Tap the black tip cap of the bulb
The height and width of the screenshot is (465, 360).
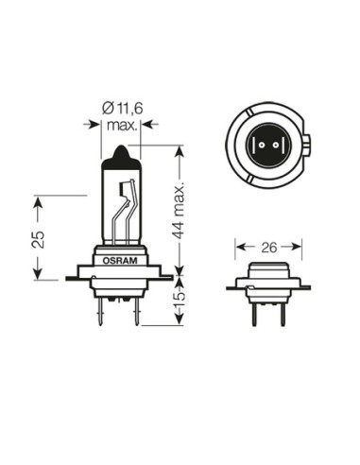(x=120, y=155)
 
